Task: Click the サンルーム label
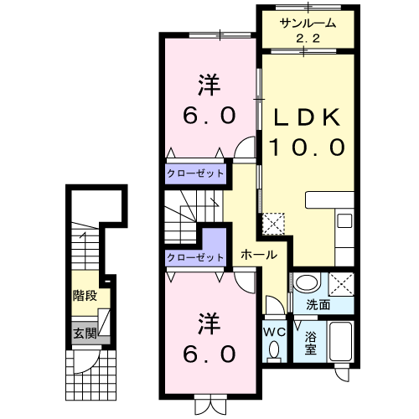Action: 308,23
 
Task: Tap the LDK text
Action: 308,117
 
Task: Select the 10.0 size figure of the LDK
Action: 308,147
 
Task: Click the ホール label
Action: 259,255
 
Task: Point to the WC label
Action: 275,332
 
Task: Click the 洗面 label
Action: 318,305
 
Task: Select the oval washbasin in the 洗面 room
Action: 307,283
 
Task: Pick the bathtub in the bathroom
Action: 340,341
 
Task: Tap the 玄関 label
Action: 85,334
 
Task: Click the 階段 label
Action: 85,296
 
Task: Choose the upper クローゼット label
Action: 195,173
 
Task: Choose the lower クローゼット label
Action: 195,257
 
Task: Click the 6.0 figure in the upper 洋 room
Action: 209,116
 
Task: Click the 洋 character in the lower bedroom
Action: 209,323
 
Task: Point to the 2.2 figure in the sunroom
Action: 308,39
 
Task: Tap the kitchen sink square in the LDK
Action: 344,220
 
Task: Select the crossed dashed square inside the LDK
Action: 273,224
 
